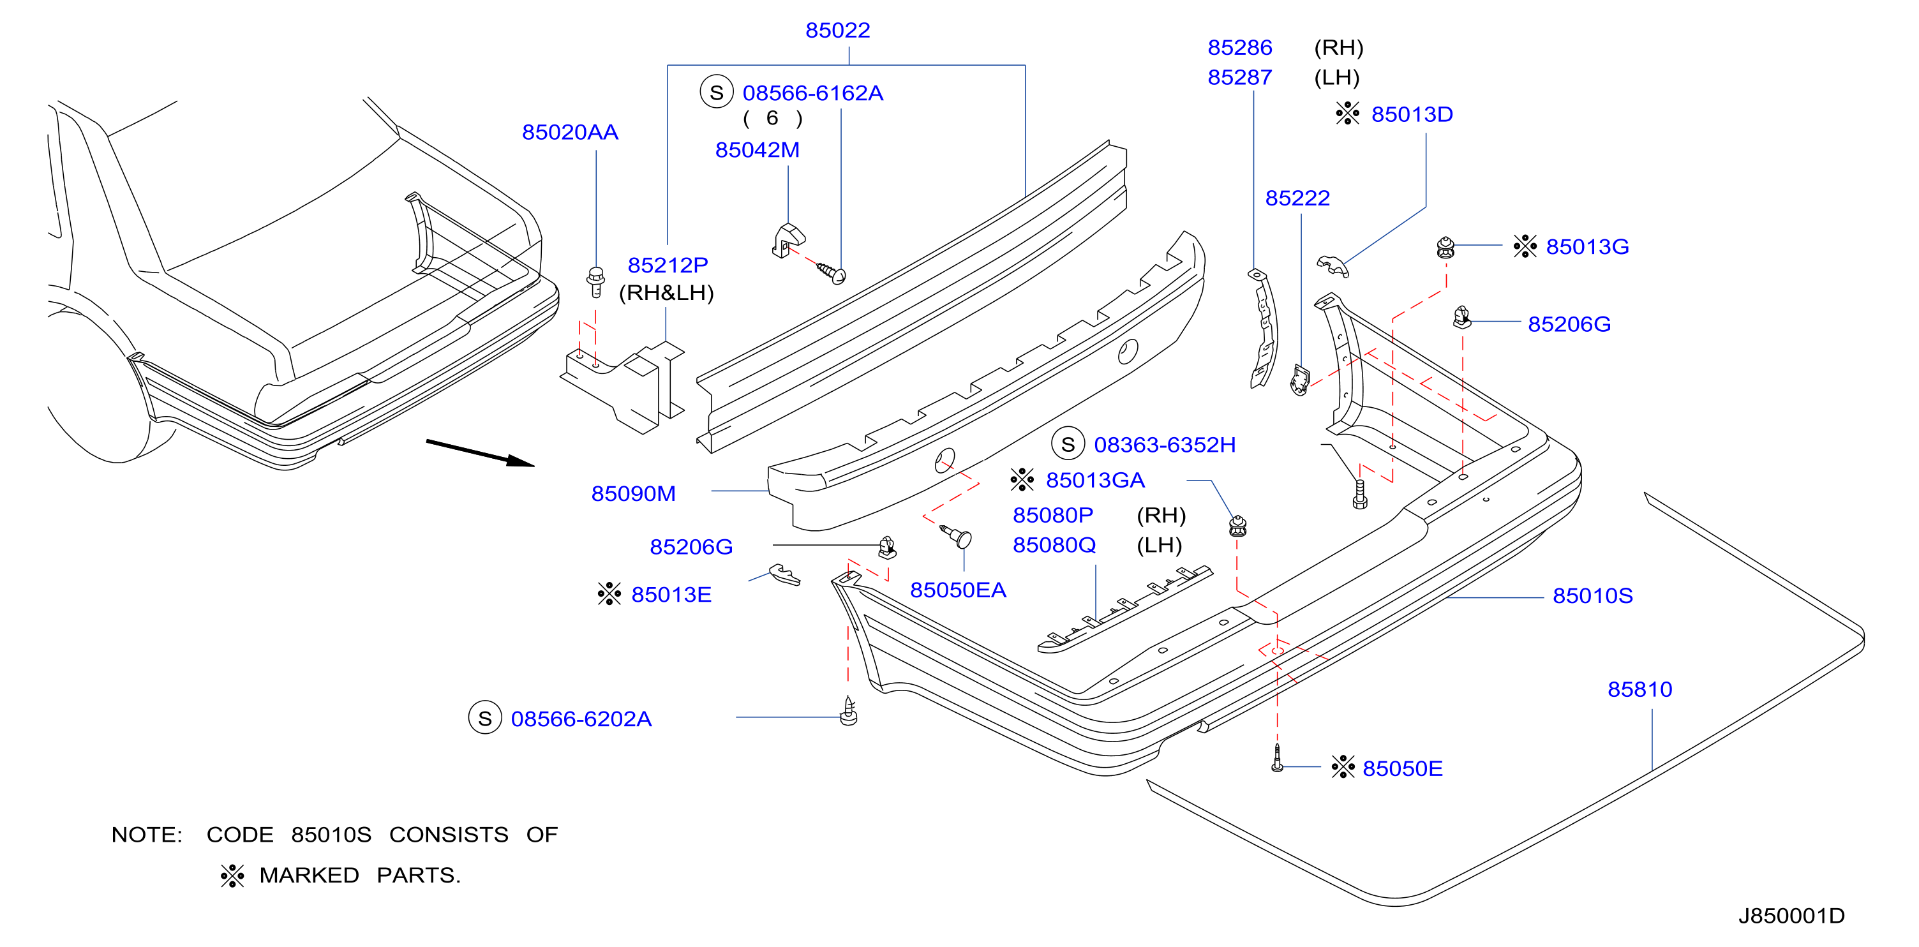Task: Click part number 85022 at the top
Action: click(x=837, y=31)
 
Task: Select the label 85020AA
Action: click(x=570, y=133)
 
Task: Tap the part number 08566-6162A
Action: click(x=813, y=93)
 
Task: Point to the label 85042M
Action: click(x=757, y=150)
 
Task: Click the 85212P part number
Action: click(x=668, y=265)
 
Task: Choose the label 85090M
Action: click(x=633, y=494)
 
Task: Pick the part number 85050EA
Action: click(x=958, y=590)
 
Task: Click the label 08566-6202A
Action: click(x=581, y=719)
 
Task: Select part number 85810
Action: click(x=1639, y=689)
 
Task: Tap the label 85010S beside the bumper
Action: click(x=1593, y=596)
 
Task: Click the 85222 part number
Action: click(x=1297, y=198)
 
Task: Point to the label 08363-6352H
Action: click(x=1165, y=445)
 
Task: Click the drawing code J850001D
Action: click(x=1791, y=916)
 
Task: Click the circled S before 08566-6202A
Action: click(x=485, y=719)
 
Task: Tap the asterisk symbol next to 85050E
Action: click(x=1343, y=768)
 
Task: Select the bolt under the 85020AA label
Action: click(x=595, y=283)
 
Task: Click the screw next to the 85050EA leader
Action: click(x=956, y=535)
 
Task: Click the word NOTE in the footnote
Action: click(x=147, y=835)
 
